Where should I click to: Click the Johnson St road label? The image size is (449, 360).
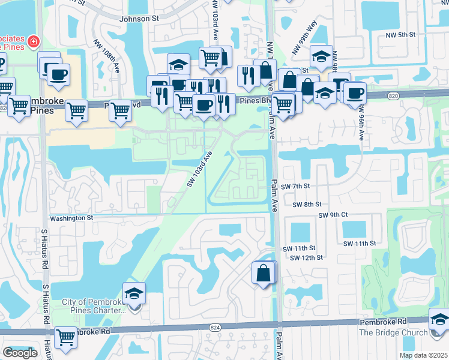(139, 19)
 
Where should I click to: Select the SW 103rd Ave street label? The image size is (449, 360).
(199, 169)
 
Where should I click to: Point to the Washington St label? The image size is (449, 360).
(71, 218)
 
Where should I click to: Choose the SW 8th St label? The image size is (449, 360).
(306, 205)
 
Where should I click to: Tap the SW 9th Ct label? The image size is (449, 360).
(333, 215)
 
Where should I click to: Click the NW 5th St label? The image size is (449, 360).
(402, 35)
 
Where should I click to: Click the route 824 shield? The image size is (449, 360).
(214, 327)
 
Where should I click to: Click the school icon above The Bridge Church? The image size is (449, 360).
(439, 319)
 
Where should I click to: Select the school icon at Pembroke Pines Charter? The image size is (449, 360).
(134, 293)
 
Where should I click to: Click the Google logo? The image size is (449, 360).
(20, 353)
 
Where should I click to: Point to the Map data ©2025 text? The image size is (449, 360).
(423, 355)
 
